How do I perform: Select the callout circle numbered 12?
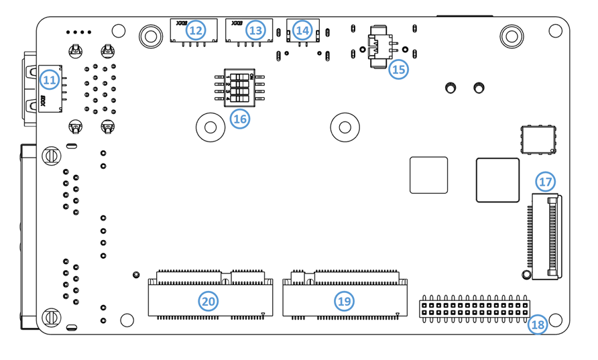(195, 30)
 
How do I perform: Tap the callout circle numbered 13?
(255, 30)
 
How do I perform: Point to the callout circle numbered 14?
(302, 30)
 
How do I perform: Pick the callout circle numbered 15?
(399, 69)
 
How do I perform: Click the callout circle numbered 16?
(239, 119)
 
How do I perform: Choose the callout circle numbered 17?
(545, 182)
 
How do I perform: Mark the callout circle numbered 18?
(537, 325)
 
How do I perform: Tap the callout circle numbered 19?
(345, 302)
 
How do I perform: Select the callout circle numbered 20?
(208, 302)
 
